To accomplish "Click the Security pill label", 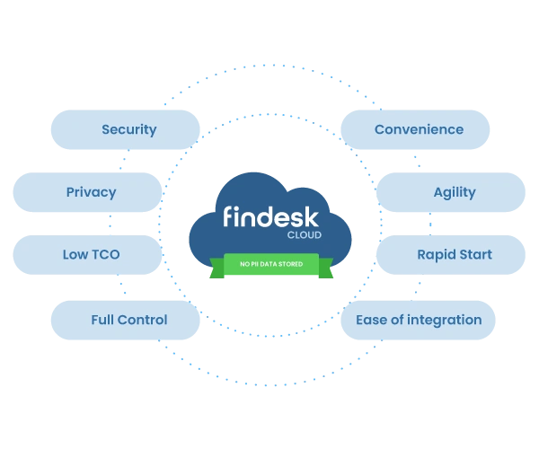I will click(128, 129).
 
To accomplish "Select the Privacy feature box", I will click(91, 192).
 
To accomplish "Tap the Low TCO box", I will click(90, 255).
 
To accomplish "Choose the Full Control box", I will click(128, 320).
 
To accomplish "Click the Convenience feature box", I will click(419, 129).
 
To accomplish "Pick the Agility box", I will click(454, 192).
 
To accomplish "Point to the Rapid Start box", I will click(454, 255).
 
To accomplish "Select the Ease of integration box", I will click(419, 320).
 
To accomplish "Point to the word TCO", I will click(104, 255).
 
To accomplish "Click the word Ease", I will click(371, 320).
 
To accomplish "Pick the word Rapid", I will click(435, 256).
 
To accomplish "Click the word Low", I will click(75, 255).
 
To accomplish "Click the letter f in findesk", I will click(228, 219).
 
